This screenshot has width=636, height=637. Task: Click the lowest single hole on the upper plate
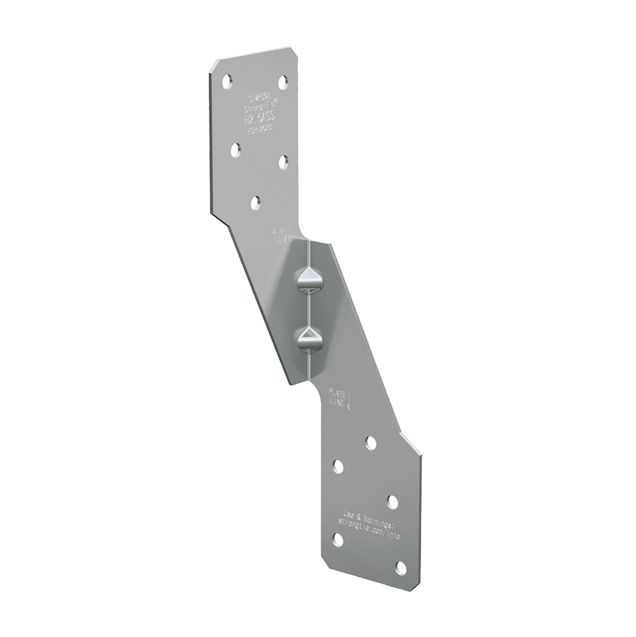pyautogui.click(x=256, y=202)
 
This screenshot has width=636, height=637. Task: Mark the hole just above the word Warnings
pyautogui.click(x=392, y=500)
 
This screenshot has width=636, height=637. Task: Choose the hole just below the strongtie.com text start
pyautogui.click(x=339, y=539)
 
